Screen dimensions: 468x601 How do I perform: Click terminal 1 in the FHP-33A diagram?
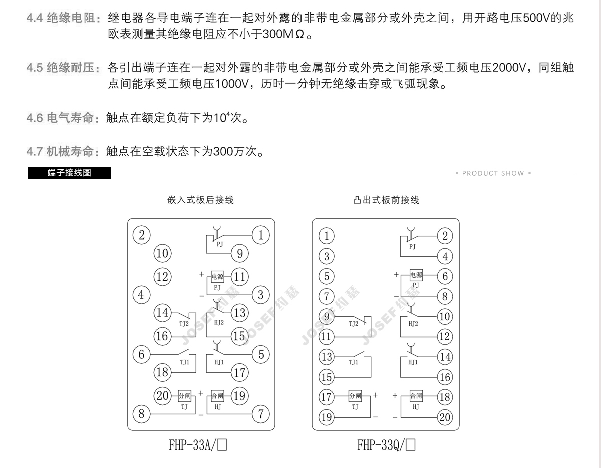click(260, 235)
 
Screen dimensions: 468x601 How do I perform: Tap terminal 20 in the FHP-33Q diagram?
click(445, 416)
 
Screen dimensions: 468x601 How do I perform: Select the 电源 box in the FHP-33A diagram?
click(217, 276)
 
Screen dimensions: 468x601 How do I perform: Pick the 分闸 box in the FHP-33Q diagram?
click(355, 396)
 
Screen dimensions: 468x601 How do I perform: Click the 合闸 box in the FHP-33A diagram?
click(218, 396)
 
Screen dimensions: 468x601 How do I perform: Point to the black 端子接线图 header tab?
click(69, 173)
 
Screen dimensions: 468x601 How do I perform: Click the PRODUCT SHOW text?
click(493, 173)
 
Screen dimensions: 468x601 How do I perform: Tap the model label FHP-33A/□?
click(198, 445)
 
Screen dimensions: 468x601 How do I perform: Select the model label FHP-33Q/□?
click(386, 445)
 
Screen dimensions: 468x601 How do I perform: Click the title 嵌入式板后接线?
click(200, 200)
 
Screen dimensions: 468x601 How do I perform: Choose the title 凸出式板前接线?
click(386, 200)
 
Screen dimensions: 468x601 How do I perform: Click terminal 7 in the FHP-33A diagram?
click(260, 414)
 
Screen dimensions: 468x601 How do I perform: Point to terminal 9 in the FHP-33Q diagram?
click(327, 316)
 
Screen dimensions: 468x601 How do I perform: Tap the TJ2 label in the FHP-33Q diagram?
click(354, 324)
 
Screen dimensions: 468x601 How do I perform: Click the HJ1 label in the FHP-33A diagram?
click(219, 362)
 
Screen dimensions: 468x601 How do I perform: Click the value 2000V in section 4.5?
click(513, 67)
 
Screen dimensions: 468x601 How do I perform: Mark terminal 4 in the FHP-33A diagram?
click(141, 295)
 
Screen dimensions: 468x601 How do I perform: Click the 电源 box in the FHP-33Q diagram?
click(416, 275)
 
